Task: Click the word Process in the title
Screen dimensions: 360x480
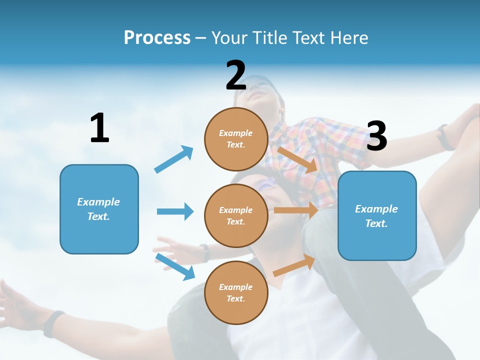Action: [157, 37]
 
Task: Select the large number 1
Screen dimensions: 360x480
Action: [99, 128]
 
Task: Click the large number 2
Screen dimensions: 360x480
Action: [236, 76]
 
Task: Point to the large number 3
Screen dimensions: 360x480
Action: [376, 136]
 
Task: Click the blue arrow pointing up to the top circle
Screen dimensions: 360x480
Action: [174, 159]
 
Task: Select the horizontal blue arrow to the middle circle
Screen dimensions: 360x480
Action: [175, 211]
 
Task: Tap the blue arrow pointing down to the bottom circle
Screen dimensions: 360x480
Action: [175, 266]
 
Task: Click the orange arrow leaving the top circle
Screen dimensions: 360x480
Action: [297, 159]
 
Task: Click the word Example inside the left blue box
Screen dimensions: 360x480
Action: [98, 202]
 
